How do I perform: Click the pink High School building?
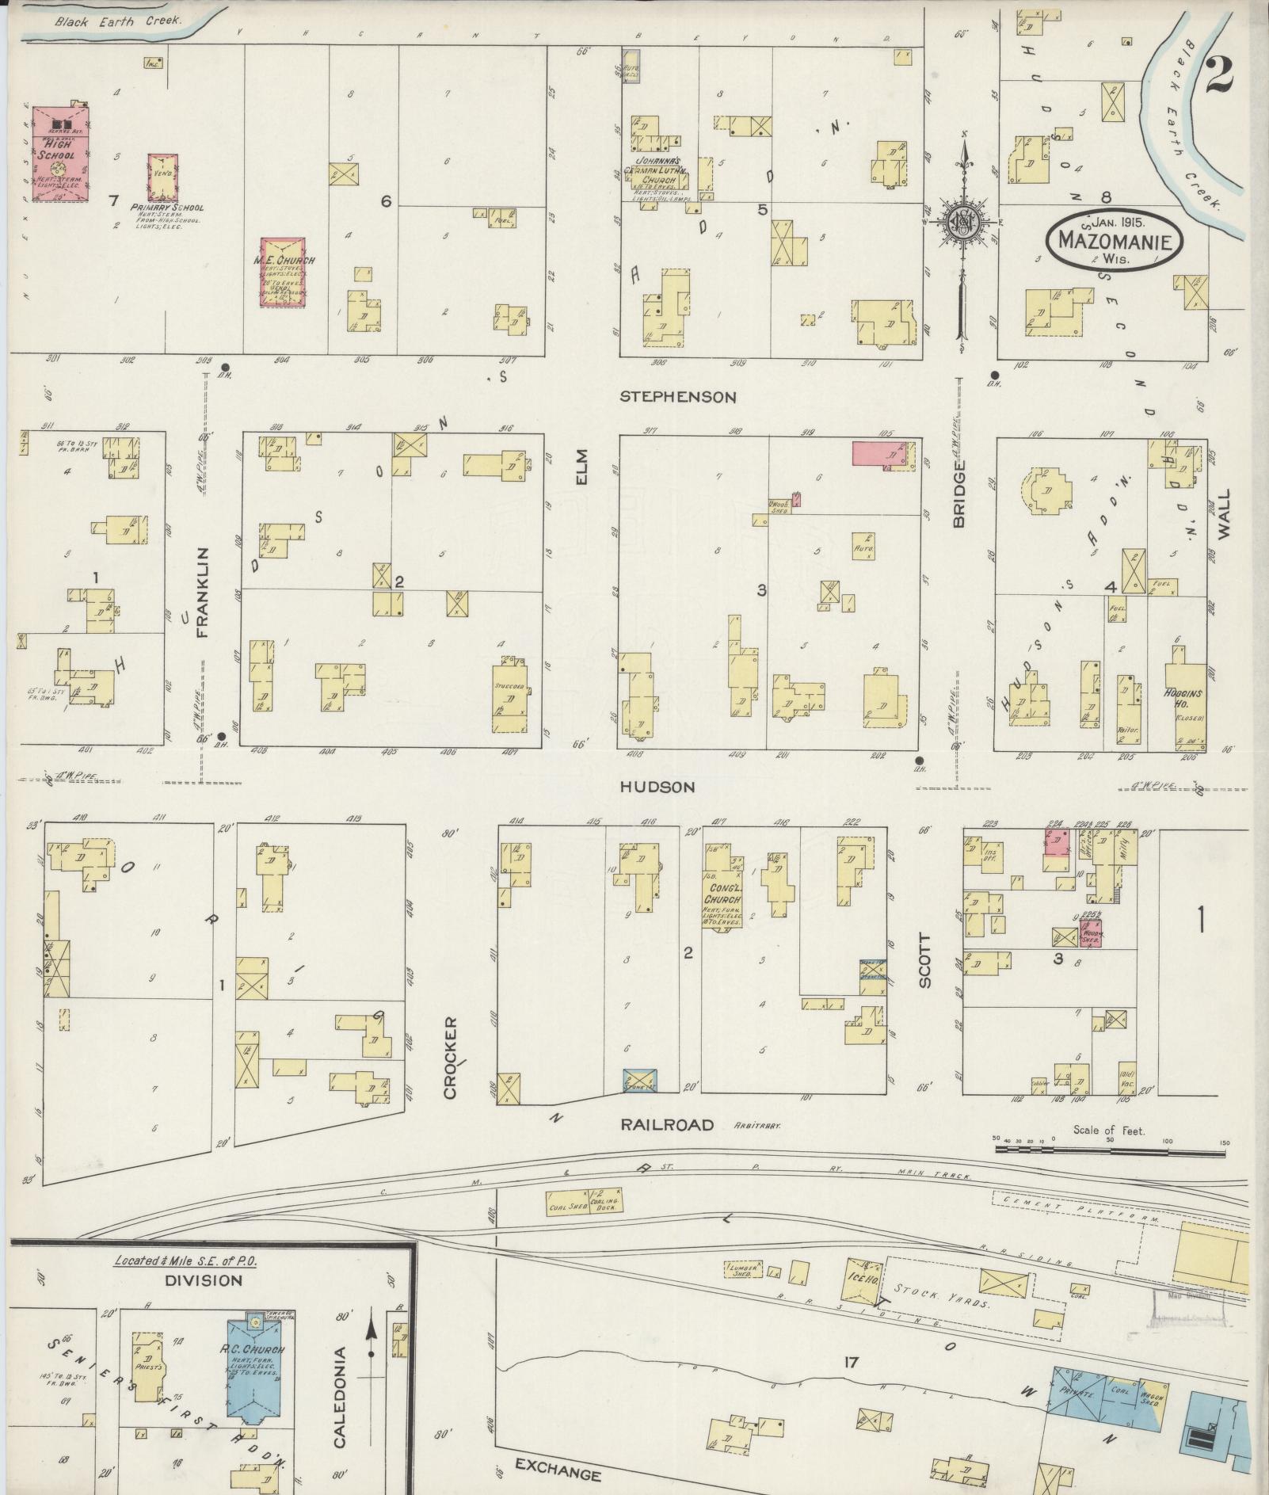tap(60, 153)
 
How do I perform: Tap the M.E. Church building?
tap(284, 270)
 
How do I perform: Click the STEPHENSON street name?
tap(677, 397)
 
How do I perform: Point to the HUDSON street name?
tap(657, 787)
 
